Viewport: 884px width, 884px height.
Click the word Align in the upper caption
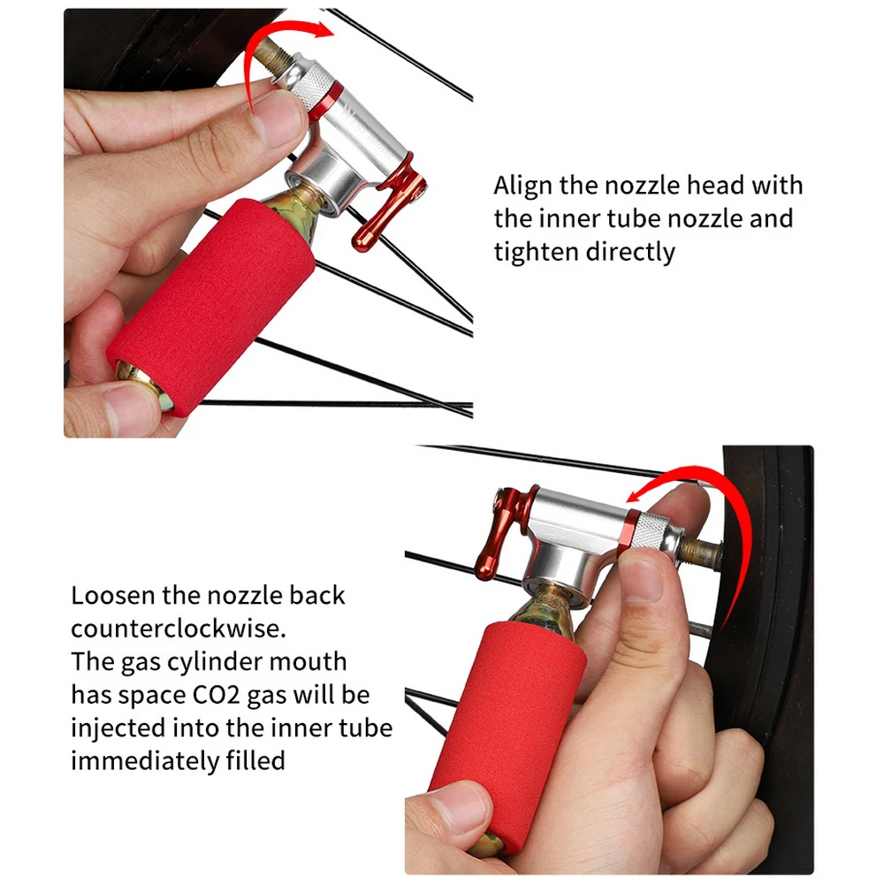pyautogui.click(x=522, y=187)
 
